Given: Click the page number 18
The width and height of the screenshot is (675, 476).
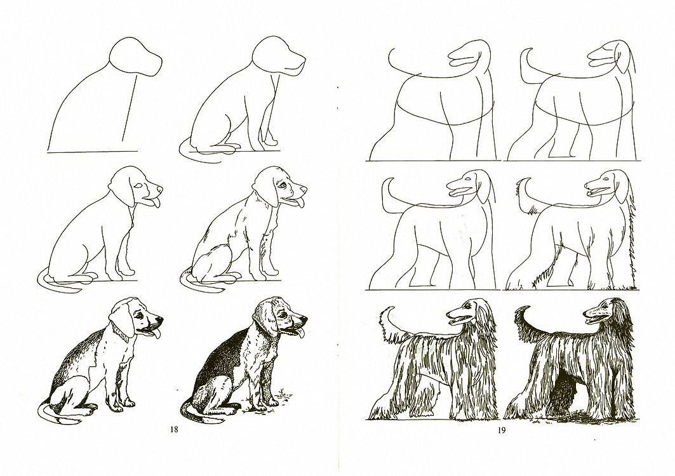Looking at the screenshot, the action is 174,429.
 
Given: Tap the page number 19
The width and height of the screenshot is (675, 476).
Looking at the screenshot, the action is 502,430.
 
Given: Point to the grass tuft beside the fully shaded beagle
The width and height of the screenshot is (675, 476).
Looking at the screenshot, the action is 283,392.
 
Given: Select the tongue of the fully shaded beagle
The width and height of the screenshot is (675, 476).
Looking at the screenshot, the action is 300,333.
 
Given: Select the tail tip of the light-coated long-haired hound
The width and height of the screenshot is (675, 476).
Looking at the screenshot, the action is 389,309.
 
